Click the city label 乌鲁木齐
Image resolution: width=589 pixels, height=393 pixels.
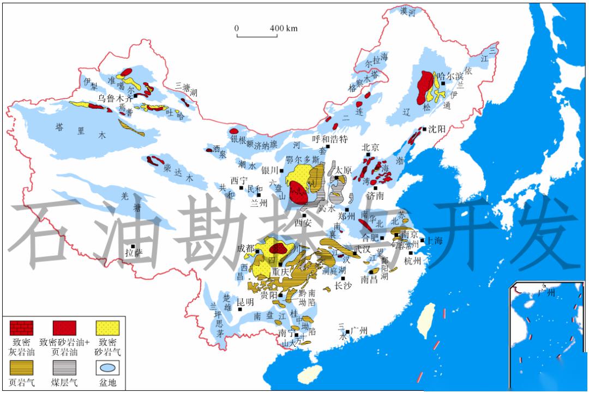tap(115, 99)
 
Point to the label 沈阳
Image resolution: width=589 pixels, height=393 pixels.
tap(435, 130)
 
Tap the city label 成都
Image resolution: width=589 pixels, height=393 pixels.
tap(245, 249)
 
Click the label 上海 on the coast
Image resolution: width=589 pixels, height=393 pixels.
tap(434, 241)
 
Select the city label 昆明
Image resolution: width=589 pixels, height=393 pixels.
tap(245, 302)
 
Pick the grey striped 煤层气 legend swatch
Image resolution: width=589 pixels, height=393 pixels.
tap(64, 368)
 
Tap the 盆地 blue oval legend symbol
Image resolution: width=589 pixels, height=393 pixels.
tap(107, 368)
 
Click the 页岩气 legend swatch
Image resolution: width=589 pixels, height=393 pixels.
tap(21, 368)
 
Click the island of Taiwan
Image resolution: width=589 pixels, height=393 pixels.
tap(426, 321)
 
